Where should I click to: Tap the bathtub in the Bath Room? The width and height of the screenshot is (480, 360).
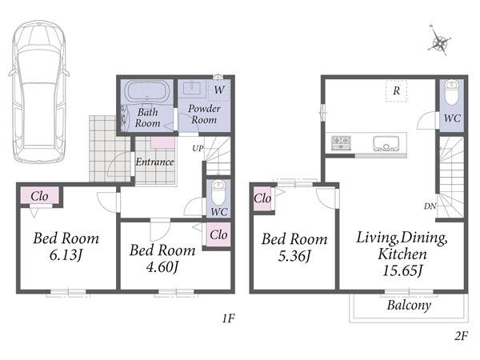[x=147, y=90]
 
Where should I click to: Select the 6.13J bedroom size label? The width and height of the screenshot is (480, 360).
[x=66, y=255]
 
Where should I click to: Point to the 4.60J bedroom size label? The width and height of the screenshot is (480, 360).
[x=162, y=267]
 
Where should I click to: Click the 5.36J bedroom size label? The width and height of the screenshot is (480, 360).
[x=294, y=256]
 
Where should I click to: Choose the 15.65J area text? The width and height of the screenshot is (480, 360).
[x=402, y=270]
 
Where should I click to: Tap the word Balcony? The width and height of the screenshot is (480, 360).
[x=409, y=306]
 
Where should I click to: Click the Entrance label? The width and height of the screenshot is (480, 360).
[x=155, y=162]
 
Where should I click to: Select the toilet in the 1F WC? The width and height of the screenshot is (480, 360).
[x=218, y=193]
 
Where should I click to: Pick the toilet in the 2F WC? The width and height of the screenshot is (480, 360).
[x=451, y=92]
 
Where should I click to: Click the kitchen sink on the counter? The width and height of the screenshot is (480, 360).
[x=386, y=144]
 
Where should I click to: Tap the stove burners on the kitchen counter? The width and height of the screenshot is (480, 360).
[x=342, y=142]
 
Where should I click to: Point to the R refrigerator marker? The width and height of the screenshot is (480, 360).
[x=397, y=90]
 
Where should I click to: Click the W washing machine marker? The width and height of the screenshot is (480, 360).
[x=219, y=90]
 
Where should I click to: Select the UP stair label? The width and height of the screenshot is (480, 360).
[x=198, y=149]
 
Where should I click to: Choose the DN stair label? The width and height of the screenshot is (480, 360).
[x=430, y=206]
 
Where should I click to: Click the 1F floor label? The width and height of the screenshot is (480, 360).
[x=228, y=318]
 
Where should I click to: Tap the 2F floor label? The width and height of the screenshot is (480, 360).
[x=462, y=336]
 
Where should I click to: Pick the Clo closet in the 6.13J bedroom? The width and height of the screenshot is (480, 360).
[x=39, y=196]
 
